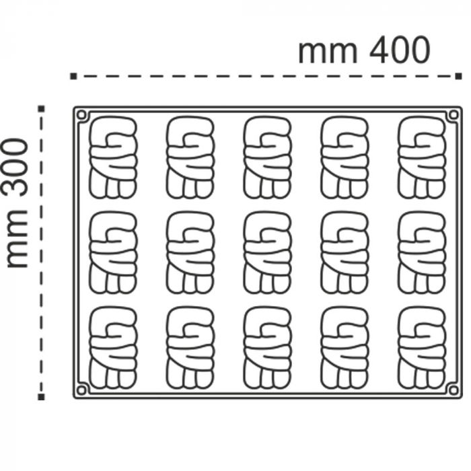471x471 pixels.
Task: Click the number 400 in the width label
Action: pyautogui.click(x=393, y=50)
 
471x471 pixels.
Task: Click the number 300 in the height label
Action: pyautogui.click(x=17, y=166)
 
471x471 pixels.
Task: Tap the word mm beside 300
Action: pyautogui.click(x=17, y=240)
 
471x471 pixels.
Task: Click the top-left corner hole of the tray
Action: pyautogui.click(x=82, y=115)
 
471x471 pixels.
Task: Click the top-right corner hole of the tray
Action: pyautogui.click(x=453, y=115)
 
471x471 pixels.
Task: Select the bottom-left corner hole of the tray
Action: pyautogui.click(x=82, y=390)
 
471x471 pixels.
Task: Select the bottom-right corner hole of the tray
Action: pyautogui.click(x=453, y=390)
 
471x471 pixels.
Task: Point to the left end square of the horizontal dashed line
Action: pyautogui.click(x=73, y=77)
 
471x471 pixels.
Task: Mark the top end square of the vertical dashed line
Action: pyautogui.click(x=42, y=108)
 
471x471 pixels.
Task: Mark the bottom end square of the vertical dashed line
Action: pyautogui.click(x=42, y=397)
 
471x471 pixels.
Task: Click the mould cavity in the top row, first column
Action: pyautogui.click(x=112, y=158)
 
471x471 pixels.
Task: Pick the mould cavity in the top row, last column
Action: pyautogui.click(x=421, y=158)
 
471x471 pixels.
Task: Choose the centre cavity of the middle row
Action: pyautogui.click(x=267, y=253)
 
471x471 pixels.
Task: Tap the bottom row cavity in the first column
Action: pyautogui.click(x=112, y=348)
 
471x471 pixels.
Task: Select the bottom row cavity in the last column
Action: pyautogui.click(x=421, y=348)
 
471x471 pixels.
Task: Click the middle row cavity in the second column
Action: pyautogui.click(x=190, y=253)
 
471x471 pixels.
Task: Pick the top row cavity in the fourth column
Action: pyautogui.click(x=345, y=158)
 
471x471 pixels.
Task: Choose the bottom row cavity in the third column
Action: pyautogui.click(x=267, y=348)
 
